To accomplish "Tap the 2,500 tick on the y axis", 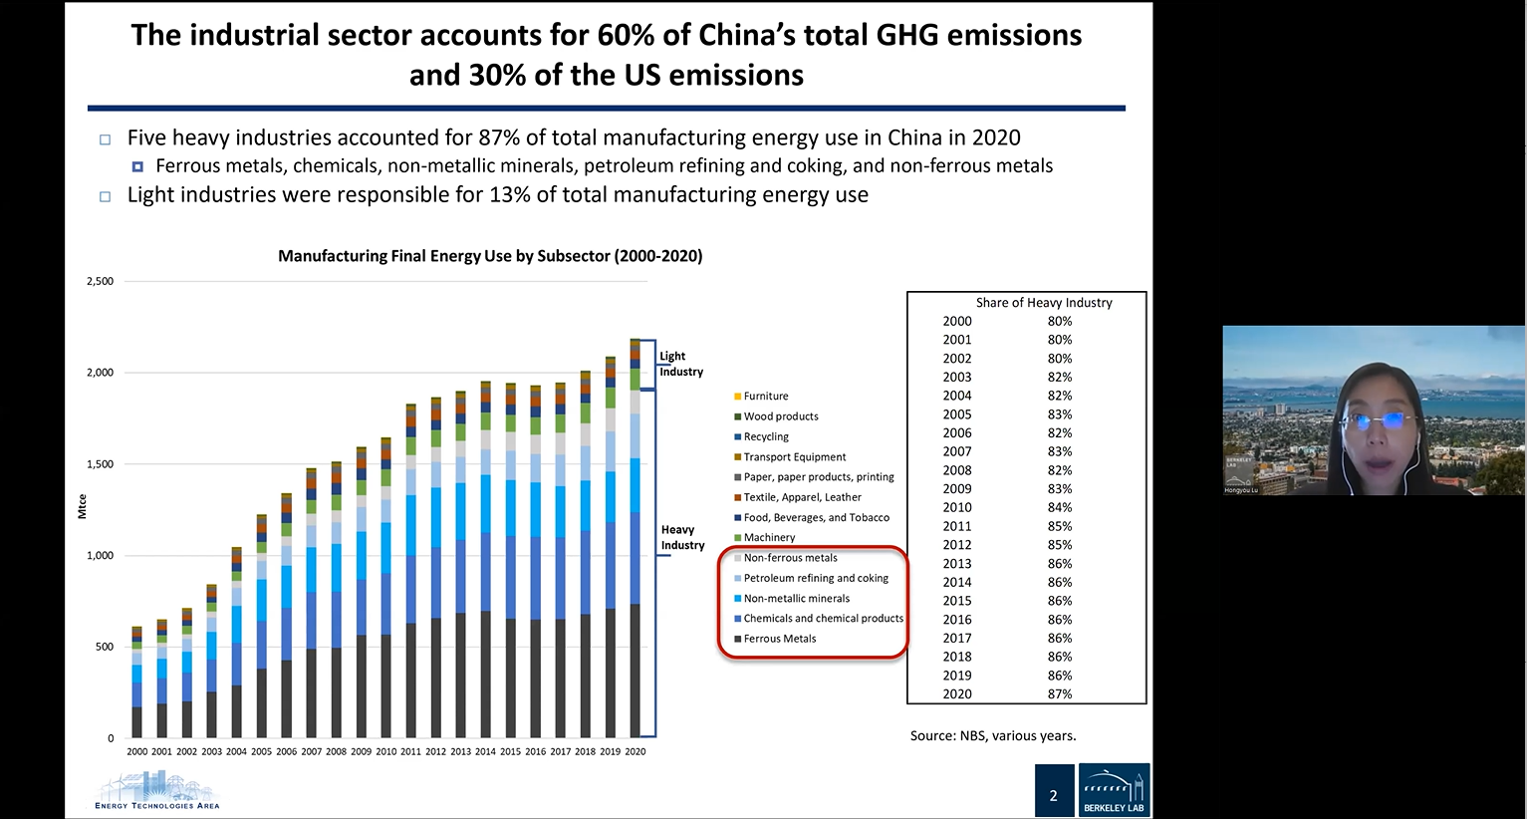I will point(100,281).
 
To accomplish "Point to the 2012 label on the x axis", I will point(435,751).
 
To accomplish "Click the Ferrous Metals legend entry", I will point(779,639).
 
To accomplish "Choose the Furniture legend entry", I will point(765,396).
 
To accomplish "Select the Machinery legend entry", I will point(769,537).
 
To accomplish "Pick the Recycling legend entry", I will point(765,436).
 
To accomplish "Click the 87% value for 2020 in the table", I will point(1060,693).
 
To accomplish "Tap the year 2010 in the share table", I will point(957,507).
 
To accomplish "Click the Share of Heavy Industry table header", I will point(1044,303).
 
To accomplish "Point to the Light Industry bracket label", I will point(680,364).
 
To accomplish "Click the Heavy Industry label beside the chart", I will point(682,537).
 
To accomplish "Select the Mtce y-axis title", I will point(83,506).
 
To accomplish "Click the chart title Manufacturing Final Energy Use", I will point(490,256).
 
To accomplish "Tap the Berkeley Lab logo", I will point(1114,790).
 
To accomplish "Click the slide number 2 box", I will point(1054,794).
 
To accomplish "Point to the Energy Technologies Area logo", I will point(156,791).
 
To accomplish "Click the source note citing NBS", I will point(992,735).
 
